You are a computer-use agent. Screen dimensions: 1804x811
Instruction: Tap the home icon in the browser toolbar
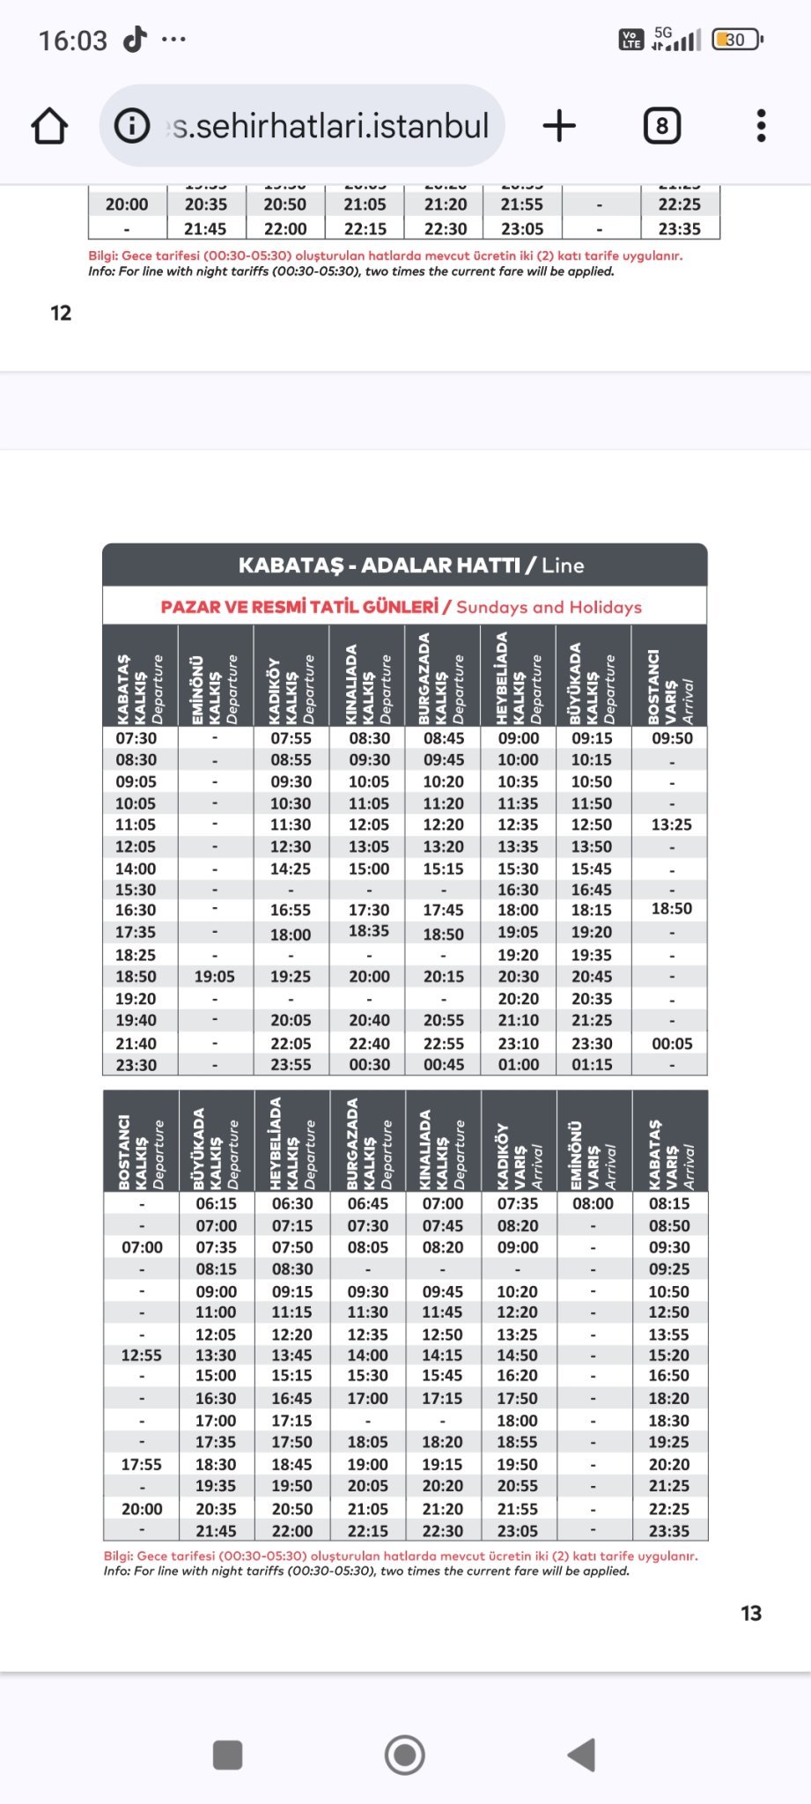[x=49, y=126]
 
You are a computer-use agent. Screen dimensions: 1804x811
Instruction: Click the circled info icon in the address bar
[x=132, y=126]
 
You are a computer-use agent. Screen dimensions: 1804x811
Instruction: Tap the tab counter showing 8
[x=662, y=126]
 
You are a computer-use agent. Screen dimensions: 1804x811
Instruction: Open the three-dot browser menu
[x=761, y=126]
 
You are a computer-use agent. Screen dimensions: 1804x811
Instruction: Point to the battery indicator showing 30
[x=736, y=40]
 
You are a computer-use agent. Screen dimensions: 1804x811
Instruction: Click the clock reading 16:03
[x=72, y=41]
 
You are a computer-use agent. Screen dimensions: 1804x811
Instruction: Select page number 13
[x=750, y=1613]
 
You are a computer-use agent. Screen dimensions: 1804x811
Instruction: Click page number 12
[x=61, y=313]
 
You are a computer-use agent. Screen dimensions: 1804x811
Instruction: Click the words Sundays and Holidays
[x=549, y=607]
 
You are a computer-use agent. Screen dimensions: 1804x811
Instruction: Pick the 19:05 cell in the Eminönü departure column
[x=215, y=976]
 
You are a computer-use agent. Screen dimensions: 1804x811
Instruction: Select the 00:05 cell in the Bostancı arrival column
[x=672, y=1043]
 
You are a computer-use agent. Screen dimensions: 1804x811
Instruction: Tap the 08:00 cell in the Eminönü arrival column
[x=593, y=1203]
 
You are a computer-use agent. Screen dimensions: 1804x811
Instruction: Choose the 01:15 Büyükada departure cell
[x=592, y=1064]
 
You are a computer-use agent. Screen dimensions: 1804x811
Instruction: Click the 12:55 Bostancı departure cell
[x=141, y=1355]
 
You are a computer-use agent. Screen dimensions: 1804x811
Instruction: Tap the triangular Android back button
[x=582, y=1755]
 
